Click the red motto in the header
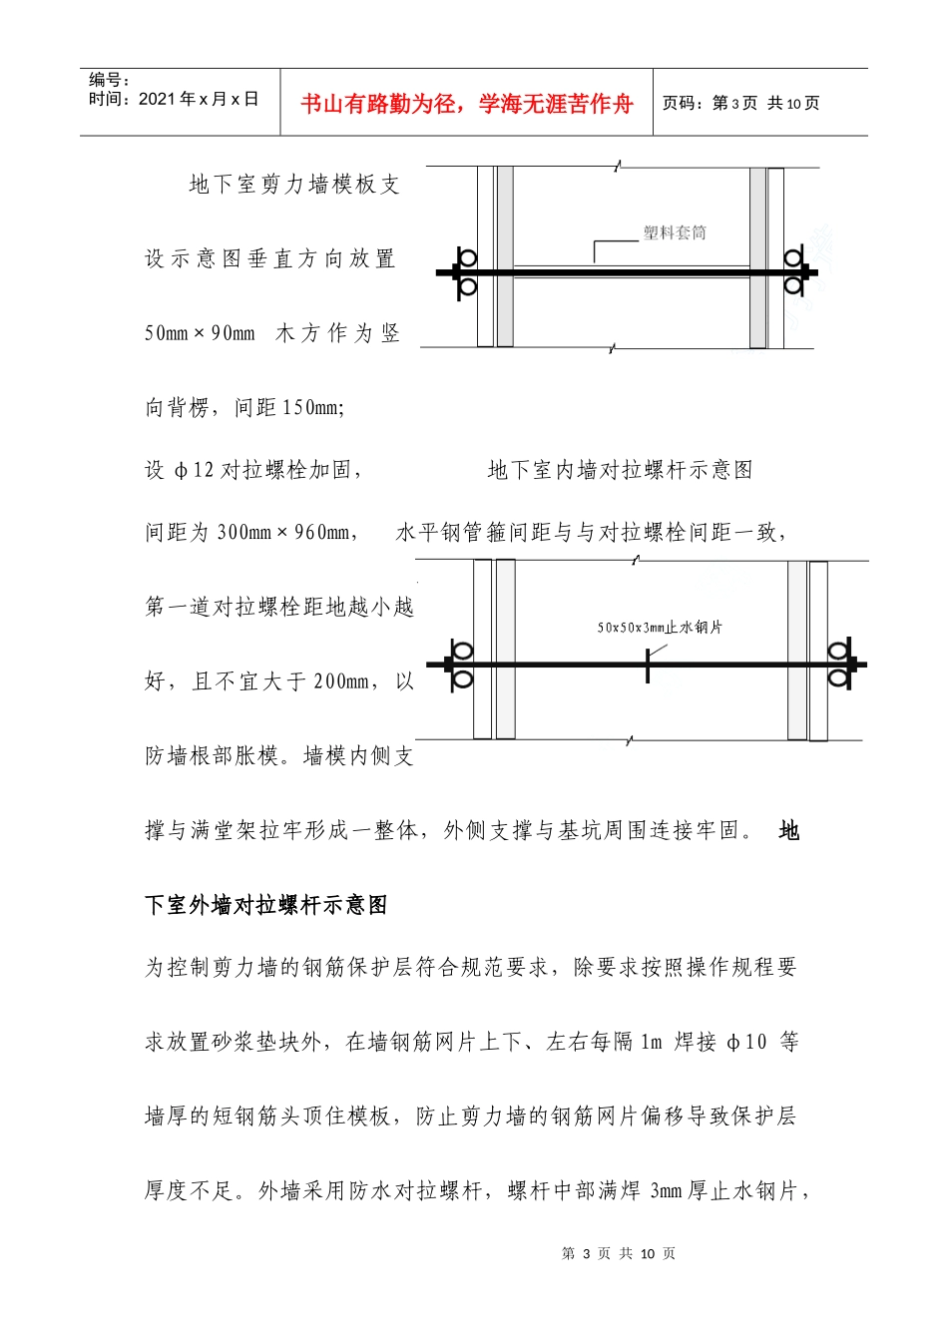(x=466, y=104)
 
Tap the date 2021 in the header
(x=157, y=99)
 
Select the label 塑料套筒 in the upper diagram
(x=675, y=232)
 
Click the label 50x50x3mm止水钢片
(x=660, y=627)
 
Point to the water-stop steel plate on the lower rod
(x=648, y=665)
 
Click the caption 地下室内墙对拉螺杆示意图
(x=620, y=470)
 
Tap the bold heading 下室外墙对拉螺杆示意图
(x=266, y=905)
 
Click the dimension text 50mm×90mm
(x=200, y=333)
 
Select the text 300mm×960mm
(x=283, y=533)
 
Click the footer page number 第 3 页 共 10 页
(x=619, y=1253)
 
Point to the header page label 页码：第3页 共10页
(x=741, y=103)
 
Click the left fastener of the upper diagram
(x=465, y=272)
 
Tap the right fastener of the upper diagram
(x=794, y=272)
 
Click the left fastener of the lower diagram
(x=461, y=665)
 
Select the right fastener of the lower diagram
(x=840, y=665)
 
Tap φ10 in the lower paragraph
(x=747, y=1043)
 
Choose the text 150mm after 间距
(x=311, y=407)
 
